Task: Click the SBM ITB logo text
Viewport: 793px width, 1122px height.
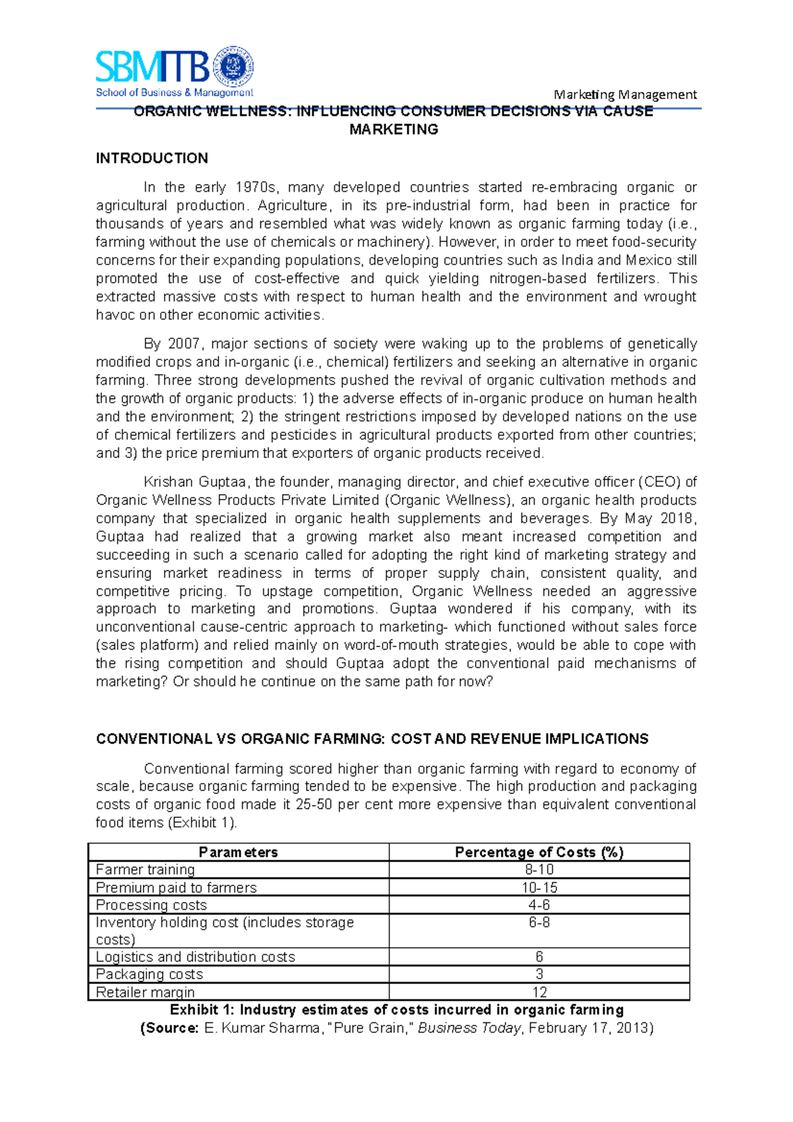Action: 153,67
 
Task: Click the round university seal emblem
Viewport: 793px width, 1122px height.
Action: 233,67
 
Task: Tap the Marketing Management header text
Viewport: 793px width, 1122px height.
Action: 625,94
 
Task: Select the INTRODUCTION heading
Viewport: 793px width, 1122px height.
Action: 152,159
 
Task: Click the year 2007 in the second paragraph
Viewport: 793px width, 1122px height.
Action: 184,344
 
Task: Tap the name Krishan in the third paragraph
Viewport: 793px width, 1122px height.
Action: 168,482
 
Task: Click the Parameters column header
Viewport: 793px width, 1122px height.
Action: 238,852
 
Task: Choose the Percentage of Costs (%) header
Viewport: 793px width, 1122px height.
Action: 539,852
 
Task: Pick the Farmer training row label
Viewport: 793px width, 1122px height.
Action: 145,870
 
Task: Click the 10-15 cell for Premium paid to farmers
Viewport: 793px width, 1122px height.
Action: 539,887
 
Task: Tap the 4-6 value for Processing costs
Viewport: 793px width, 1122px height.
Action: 539,905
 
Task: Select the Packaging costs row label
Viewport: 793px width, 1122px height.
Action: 149,974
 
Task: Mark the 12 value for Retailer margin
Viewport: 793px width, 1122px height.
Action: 539,992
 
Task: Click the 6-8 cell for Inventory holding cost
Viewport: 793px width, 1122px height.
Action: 539,922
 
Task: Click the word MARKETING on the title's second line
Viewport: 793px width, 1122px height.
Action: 394,130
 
